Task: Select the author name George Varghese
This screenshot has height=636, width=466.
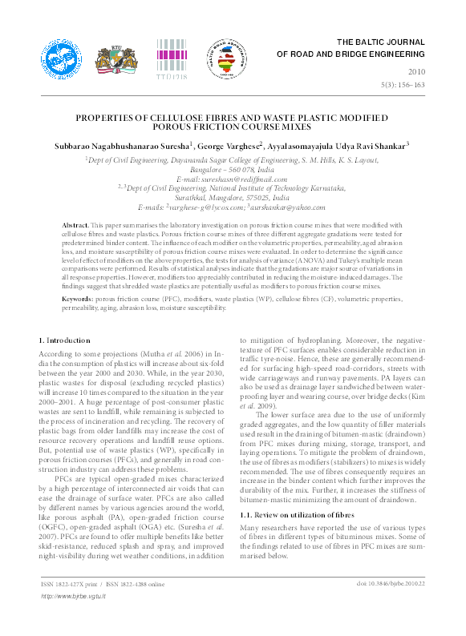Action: [231, 146]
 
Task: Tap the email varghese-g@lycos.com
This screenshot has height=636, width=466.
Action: [216, 207]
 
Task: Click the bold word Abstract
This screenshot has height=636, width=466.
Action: [75, 227]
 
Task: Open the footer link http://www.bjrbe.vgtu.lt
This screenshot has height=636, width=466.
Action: [73, 618]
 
